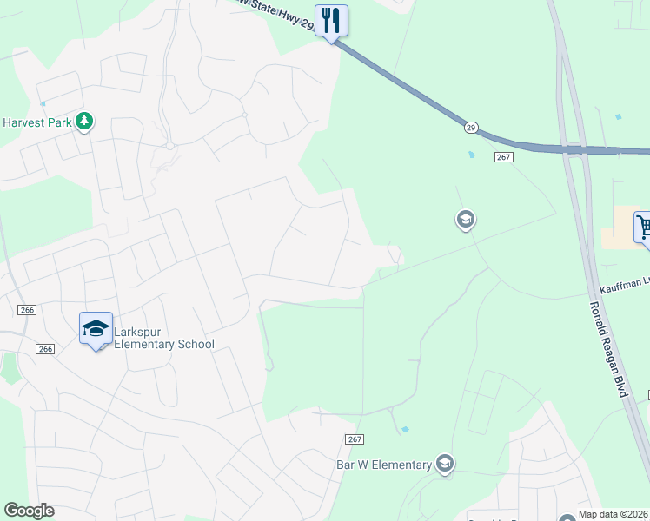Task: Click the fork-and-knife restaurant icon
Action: [331, 20]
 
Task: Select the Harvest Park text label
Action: [36, 122]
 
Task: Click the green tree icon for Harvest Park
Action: [84, 122]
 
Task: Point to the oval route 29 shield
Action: [470, 127]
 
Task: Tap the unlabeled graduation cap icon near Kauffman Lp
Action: [465, 220]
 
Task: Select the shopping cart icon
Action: [643, 228]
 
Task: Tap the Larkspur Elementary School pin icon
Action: [96, 329]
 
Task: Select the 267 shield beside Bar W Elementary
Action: [353, 440]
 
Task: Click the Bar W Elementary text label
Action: [384, 465]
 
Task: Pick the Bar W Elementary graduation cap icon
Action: [445, 465]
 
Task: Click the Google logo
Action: [29, 511]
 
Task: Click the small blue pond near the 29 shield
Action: [471, 155]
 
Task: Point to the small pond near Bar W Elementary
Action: [406, 429]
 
